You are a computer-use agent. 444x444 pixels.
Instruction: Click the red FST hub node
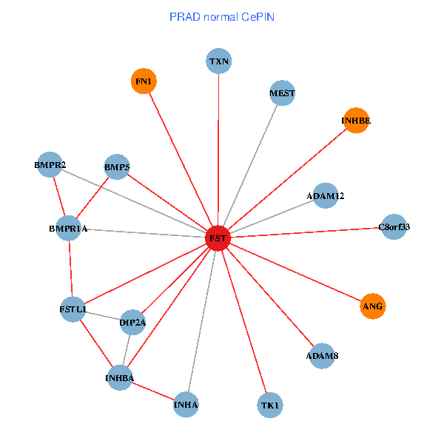tap(218, 238)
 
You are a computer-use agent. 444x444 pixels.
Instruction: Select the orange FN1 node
tap(144, 81)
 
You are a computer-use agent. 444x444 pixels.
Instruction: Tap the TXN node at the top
tap(218, 61)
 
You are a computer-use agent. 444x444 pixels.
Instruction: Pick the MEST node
tap(282, 93)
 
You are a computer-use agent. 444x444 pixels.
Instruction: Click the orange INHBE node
tap(356, 120)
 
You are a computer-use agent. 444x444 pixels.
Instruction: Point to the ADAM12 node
tap(326, 196)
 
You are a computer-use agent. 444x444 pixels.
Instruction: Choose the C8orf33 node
tap(394, 227)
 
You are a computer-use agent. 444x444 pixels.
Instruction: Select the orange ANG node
tap(373, 306)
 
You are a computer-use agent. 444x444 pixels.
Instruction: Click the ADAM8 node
tap(322, 356)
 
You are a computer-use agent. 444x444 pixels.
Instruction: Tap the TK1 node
tap(270, 406)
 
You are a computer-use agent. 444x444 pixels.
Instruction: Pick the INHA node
tap(186, 405)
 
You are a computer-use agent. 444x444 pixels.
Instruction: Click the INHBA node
tap(120, 379)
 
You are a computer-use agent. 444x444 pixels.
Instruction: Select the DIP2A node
tap(132, 322)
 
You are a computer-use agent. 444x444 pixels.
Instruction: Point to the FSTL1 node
tap(73, 309)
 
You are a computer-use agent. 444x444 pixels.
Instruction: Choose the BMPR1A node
tap(68, 229)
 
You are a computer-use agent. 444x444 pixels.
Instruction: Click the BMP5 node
tap(117, 168)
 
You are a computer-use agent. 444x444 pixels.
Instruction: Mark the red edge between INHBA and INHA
tap(153, 392)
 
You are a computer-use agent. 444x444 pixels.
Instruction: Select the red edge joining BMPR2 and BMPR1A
tap(59, 196)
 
